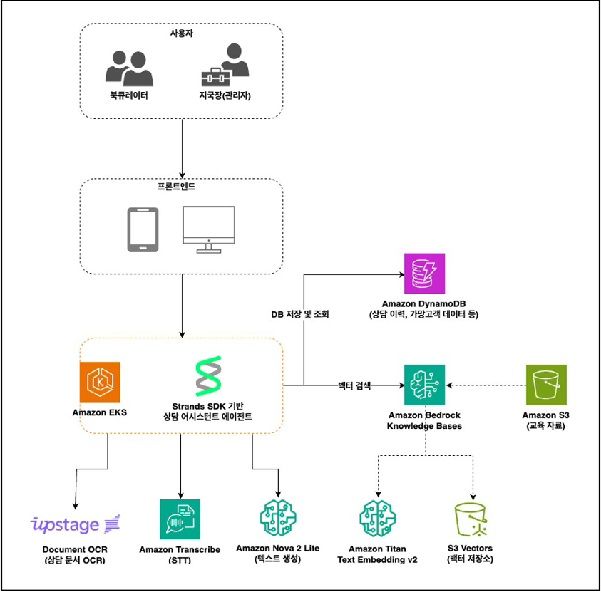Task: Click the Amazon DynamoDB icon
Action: (x=424, y=273)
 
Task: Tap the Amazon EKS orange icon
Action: (x=100, y=382)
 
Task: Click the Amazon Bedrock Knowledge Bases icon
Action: (x=424, y=385)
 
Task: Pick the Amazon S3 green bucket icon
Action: (x=545, y=385)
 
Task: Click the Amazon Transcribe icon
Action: (x=180, y=519)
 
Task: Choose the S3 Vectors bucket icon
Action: (x=474, y=521)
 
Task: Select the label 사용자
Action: (x=181, y=34)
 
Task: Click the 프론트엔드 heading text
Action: (x=181, y=188)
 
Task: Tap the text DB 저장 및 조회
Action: (x=300, y=314)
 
